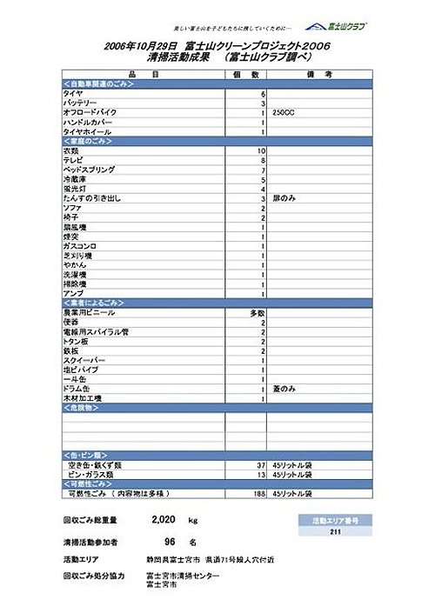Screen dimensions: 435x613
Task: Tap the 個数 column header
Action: coord(246,75)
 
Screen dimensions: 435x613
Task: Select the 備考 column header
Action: coord(319,75)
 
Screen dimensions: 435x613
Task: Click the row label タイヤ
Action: coord(72,94)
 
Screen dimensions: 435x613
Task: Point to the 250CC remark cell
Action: coord(285,113)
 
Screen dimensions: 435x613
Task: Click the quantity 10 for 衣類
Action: coord(260,151)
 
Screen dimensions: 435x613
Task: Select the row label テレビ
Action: coord(72,161)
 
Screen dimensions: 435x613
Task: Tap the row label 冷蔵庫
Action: coord(74,180)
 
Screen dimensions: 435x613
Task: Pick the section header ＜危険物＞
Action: coord(82,408)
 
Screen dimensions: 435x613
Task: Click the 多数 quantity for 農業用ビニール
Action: coord(258,312)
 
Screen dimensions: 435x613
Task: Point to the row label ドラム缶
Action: coord(76,389)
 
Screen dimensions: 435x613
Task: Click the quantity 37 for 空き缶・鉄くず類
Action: coord(259,465)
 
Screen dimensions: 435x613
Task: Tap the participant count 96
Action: coord(170,541)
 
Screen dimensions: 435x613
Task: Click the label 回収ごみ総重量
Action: coord(90,520)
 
